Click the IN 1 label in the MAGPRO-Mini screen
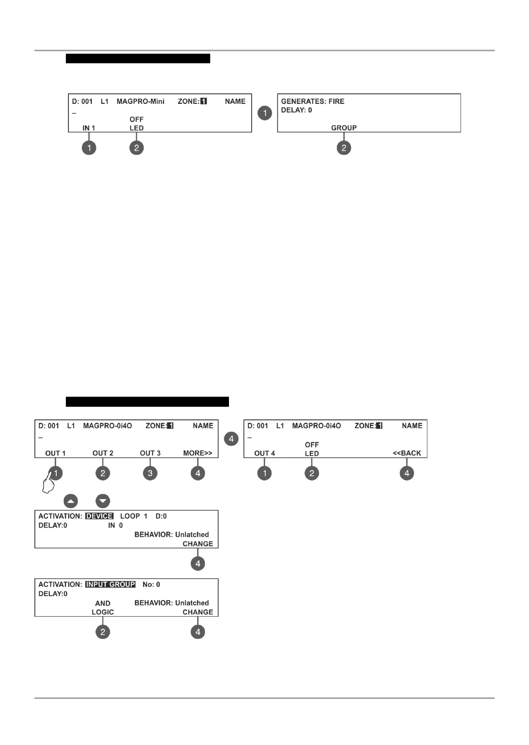(89, 128)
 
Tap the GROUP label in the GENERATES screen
(344, 128)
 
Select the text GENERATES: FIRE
(313, 101)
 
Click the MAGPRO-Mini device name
(140, 101)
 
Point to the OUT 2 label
(102, 453)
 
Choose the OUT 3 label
(150, 453)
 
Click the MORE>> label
(198, 453)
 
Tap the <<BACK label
(407, 453)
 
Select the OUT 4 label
(264, 453)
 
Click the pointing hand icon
(48, 484)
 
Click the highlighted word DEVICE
(99, 516)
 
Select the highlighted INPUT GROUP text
(110, 584)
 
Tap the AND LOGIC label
(102, 608)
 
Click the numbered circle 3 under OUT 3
(150, 473)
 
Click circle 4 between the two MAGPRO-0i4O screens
(231, 439)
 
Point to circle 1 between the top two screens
(265, 113)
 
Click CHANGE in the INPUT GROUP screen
(198, 612)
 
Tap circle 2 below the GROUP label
(344, 148)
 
